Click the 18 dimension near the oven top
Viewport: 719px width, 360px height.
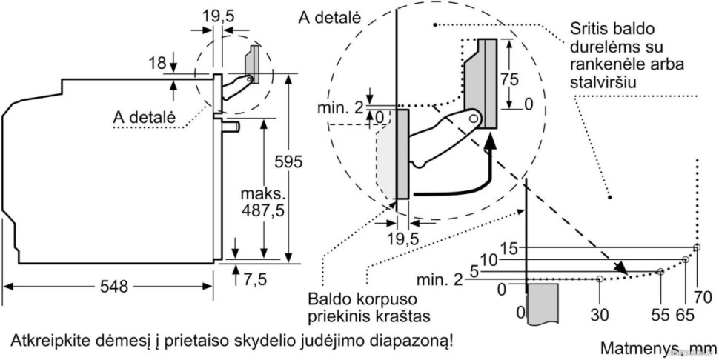pyautogui.click(x=156, y=64)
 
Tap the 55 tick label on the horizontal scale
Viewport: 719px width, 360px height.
pyautogui.click(x=658, y=313)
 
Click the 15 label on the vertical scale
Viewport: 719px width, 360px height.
pyautogui.click(x=510, y=248)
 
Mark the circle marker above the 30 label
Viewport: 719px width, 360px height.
pyautogui.click(x=599, y=279)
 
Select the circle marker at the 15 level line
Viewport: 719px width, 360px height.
pyautogui.click(x=696, y=247)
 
